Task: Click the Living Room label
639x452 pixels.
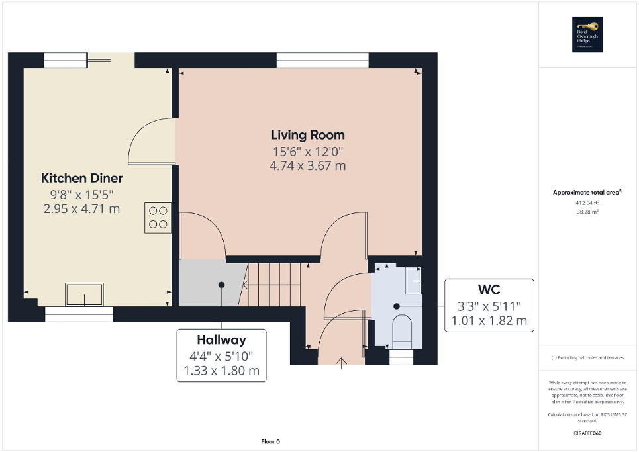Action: point(307,135)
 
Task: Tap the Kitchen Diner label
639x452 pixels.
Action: point(82,178)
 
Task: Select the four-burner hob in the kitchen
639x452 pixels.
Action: point(158,217)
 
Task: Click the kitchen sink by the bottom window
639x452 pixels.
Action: point(84,294)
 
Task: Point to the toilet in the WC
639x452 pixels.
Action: point(402,329)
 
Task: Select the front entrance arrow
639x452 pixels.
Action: point(342,363)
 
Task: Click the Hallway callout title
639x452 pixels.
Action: point(221,340)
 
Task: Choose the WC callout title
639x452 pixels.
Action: point(489,290)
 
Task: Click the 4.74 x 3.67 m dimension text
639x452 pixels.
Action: point(307,166)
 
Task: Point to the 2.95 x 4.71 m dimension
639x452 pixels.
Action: point(82,209)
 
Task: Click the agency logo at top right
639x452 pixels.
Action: point(585,34)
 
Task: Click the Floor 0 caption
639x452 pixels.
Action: point(270,441)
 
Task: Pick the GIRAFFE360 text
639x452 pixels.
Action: point(588,433)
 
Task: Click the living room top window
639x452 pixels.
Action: point(322,60)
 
